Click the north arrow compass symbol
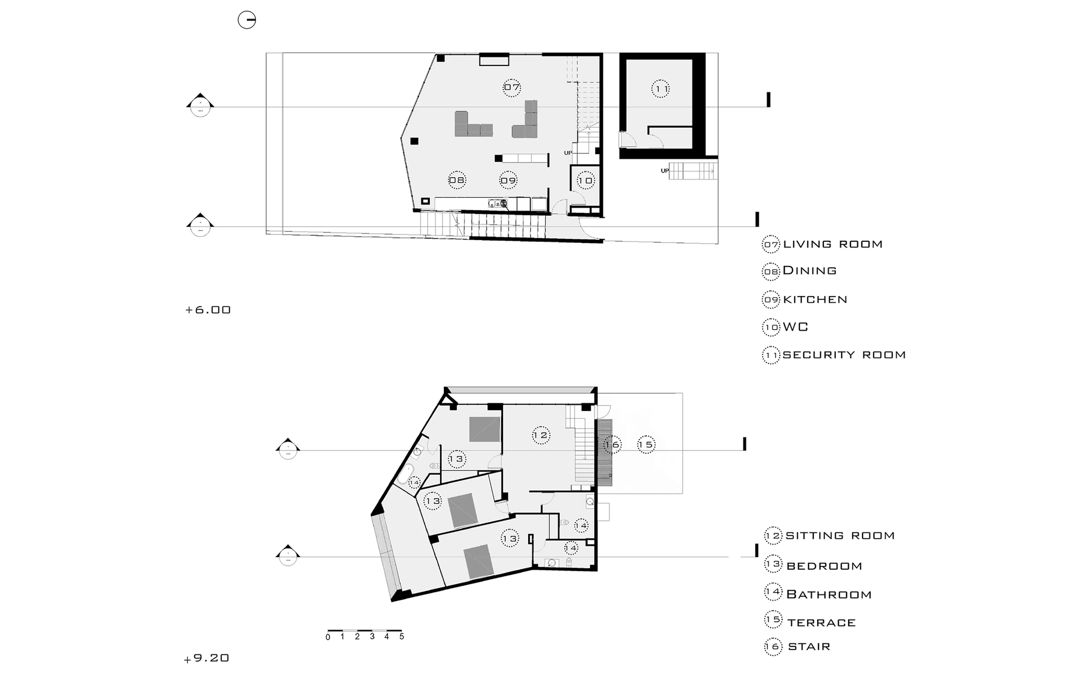pos(246,20)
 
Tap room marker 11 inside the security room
pos(660,89)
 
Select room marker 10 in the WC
pos(585,181)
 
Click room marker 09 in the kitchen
pos(508,180)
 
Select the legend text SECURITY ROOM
pos(844,355)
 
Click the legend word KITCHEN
pos(815,300)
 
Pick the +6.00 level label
pos(208,310)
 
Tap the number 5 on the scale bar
pos(402,636)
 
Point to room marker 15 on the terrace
pos(646,444)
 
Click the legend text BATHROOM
pos(829,595)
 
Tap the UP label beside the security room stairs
pos(665,171)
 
